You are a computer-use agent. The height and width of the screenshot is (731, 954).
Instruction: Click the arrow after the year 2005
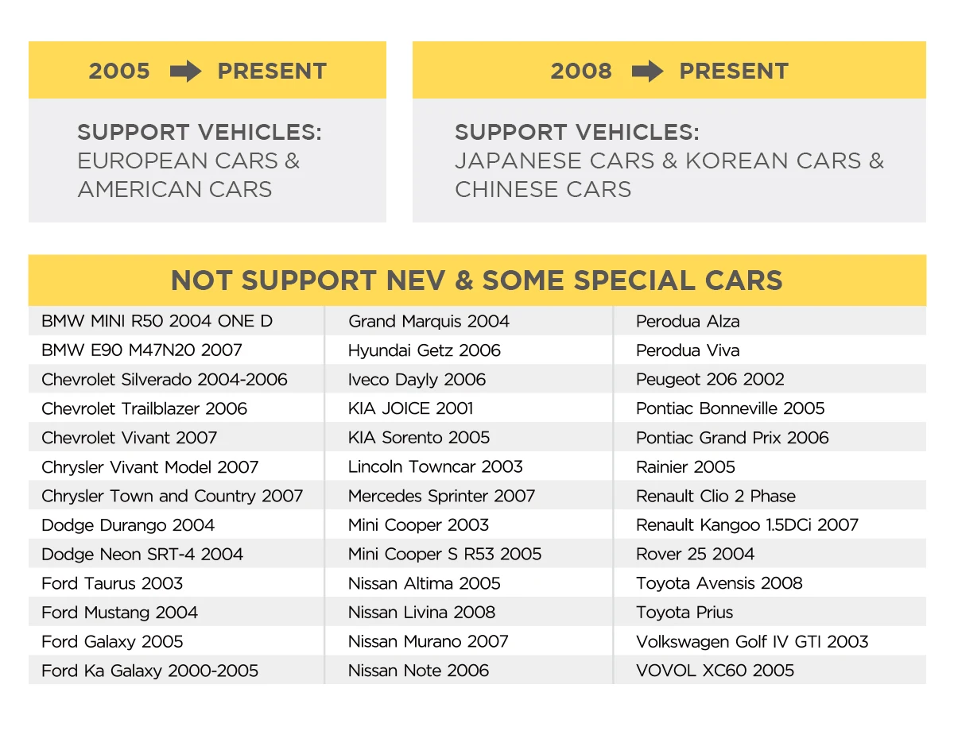pos(185,72)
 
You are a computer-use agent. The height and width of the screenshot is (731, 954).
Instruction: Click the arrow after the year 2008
pos(647,72)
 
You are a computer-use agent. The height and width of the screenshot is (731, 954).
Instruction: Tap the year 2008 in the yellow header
pos(581,72)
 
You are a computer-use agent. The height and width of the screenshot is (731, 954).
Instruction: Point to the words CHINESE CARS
pos(543,189)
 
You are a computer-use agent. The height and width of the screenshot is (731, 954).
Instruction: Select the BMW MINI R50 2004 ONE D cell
pos(157,321)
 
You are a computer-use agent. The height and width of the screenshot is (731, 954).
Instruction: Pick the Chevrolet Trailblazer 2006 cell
pos(144,408)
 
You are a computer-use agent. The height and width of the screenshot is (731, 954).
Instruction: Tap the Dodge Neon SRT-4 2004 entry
pos(142,554)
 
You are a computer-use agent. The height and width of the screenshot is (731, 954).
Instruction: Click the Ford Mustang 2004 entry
pos(119,613)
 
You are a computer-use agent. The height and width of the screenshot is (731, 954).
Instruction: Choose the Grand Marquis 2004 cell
pos(429,321)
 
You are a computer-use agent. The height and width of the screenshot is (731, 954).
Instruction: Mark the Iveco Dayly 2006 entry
pos(417,380)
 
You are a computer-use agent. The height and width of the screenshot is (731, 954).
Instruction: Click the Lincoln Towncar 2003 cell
pos(435,466)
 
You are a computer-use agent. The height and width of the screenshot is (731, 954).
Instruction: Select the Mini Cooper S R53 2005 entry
pos(444,554)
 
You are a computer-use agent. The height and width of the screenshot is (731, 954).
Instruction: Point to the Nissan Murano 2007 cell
pos(428,641)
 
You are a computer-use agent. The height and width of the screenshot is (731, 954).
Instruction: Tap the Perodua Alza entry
pos(688,321)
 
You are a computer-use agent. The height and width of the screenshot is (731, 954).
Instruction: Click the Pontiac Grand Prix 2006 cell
pos(732,438)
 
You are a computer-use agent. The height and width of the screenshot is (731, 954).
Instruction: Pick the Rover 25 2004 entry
pos(695,554)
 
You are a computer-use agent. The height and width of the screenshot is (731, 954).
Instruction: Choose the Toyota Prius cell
pos(684,613)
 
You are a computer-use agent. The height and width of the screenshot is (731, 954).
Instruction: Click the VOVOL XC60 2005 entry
pos(715,671)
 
